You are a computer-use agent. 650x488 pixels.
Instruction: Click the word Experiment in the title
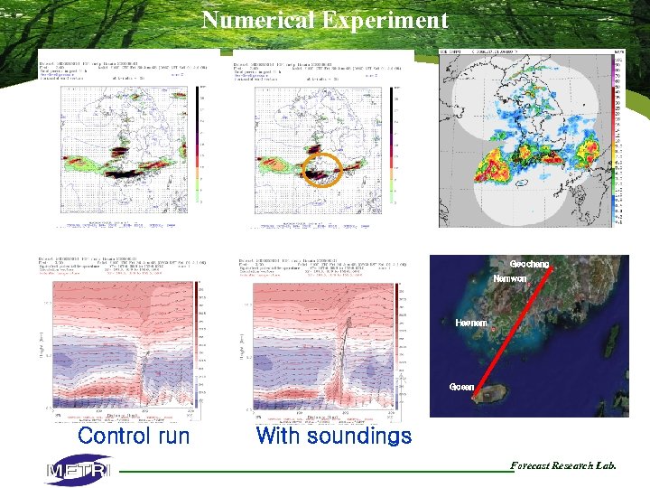(x=385, y=19)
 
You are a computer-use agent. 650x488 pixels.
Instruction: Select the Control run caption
(x=134, y=436)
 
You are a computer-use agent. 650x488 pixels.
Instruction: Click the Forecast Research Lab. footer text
(x=563, y=466)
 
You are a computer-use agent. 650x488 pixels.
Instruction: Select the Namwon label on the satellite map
(x=510, y=279)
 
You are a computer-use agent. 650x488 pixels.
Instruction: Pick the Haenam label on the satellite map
(x=471, y=322)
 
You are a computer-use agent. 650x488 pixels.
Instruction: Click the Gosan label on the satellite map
(x=461, y=387)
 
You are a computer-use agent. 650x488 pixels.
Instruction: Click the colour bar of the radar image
(x=618, y=136)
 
